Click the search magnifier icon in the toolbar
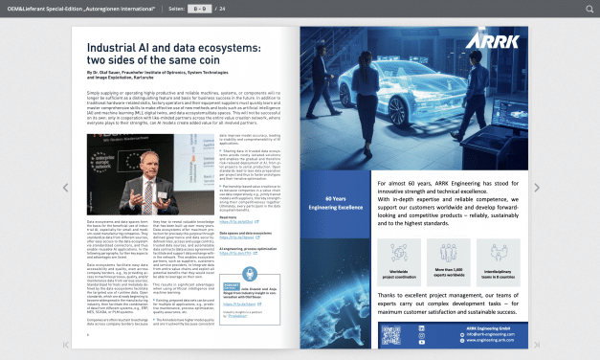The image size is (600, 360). point(589,9)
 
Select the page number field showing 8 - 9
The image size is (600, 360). point(198,9)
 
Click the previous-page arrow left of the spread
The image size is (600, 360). point(66,187)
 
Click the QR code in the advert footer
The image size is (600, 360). point(391,335)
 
